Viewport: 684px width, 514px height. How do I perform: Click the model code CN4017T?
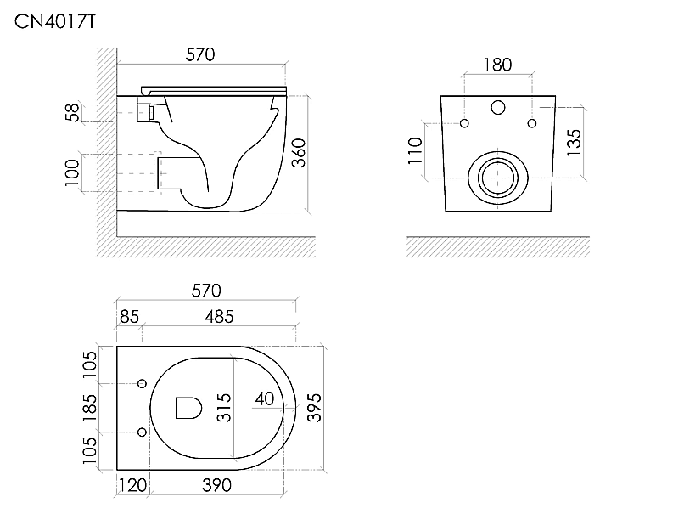coord(54,21)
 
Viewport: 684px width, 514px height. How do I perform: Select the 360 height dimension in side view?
coord(299,152)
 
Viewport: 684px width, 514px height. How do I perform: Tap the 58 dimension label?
coord(73,112)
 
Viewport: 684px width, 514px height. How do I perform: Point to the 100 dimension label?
coord(72,172)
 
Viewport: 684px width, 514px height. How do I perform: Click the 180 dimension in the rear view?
coord(498,65)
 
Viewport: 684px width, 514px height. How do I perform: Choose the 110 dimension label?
coord(415,150)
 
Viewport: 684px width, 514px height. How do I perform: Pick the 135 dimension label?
coord(574,143)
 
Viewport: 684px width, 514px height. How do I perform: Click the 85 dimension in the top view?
coord(129,317)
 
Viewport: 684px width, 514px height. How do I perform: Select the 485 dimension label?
coord(220,317)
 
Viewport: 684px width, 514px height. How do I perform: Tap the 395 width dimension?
coord(315,408)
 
